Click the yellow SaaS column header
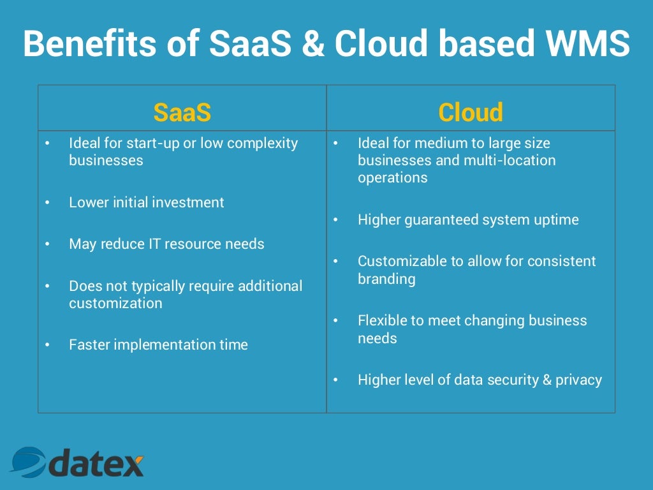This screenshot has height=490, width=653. tap(182, 113)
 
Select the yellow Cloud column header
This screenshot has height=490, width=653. tap(471, 113)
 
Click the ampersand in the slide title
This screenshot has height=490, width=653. tap(311, 43)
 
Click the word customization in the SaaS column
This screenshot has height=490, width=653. tap(115, 303)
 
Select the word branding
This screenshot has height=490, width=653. tap(386, 279)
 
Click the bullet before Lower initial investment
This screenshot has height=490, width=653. tap(47, 203)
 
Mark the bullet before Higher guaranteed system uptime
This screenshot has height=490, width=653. tap(336, 220)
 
